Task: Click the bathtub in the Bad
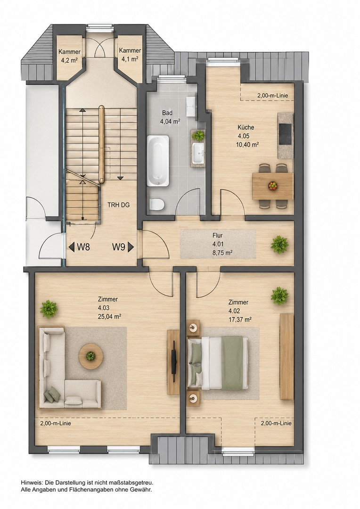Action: [x=158, y=161]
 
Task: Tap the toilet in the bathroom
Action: [x=156, y=205]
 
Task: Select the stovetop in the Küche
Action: [x=286, y=134]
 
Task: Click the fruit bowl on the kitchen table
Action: [x=273, y=186]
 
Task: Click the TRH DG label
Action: [x=118, y=205]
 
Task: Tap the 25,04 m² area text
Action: [x=109, y=317]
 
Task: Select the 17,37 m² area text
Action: [x=240, y=320]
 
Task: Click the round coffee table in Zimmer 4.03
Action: [x=91, y=356]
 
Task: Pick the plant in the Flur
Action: [x=279, y=245]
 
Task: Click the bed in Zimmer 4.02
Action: [x=218, y=362]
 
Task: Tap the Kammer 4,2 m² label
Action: [x=69, y=56]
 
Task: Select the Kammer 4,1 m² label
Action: [x=130, y=55]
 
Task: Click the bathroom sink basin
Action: [x=198, y=153]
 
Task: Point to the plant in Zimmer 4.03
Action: [x=49, y=309]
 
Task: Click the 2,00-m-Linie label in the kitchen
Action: [x=272, y=96]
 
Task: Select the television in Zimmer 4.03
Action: [x=174, y=361]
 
